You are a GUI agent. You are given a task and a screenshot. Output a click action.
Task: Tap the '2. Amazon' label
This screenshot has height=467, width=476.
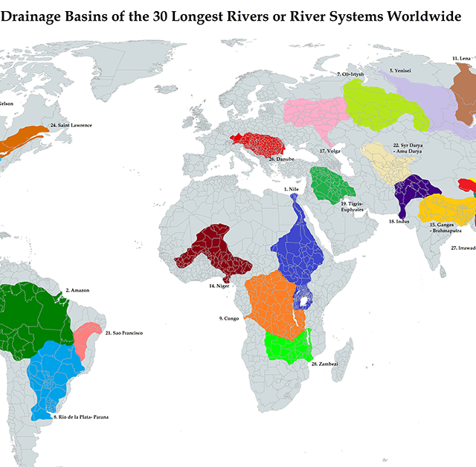pos(77,290)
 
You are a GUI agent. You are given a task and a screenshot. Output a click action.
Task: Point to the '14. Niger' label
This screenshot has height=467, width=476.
pos(218,286)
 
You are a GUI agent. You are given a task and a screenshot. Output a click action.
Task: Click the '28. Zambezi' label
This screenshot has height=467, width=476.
pos(325,364)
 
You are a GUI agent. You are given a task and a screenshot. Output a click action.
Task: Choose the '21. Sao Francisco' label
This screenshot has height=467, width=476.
pos(124,332)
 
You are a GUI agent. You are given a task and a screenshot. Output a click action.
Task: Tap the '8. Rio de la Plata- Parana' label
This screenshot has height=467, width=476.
pos(81,417)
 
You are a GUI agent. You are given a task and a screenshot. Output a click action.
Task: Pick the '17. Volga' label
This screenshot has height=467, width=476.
pos(329,151)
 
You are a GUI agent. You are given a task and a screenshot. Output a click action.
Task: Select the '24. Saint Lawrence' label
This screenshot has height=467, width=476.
pos(71,125)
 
